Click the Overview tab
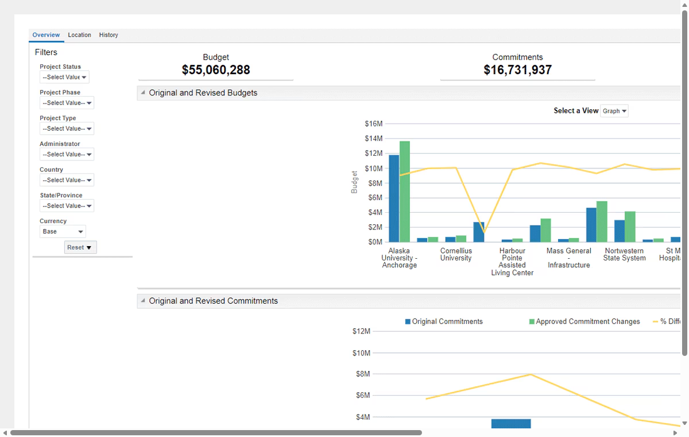[x=46, y=35]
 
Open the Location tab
[x=79, y=35]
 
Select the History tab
[x=109, y=35]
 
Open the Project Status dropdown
[x=64, y=77]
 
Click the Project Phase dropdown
[x=67, y=103]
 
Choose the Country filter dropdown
[x=67, y=180]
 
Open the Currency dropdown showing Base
[x=63, y=232]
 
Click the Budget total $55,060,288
[x=216, y=70]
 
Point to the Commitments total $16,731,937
[x=518, y=70]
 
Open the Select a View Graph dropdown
[x=614, y=111]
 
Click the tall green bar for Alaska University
[x=405, y=191]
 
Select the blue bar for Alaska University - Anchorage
[x=394, y=198]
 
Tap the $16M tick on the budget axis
[x=374, y=124]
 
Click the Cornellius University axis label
[x=456, y=254]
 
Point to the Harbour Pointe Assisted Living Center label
[x=512, y=262]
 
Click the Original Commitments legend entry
[x=444, y=321]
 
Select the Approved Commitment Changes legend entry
[x=585, y=321]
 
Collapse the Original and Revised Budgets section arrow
[x=143, y=93]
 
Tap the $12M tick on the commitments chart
[x=361, y=331]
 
